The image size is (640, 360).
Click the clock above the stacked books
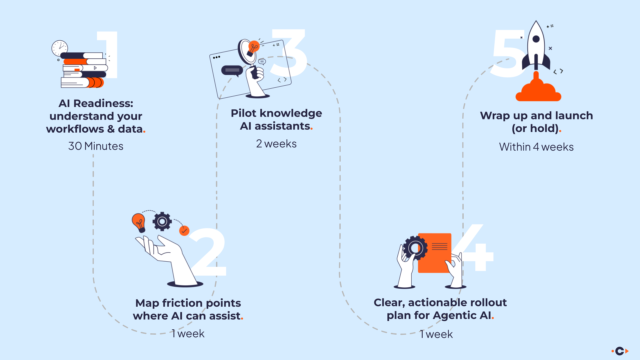(60, 48)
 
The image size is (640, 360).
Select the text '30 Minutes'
(96, 146)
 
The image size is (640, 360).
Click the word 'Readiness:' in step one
(103, 103)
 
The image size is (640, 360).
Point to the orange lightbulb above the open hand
(139, 222)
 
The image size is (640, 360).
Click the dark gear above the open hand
(162, 221)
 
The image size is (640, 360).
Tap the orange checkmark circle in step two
(184, 231)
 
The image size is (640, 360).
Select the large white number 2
(208, 253)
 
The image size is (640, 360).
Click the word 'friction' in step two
(182, 303)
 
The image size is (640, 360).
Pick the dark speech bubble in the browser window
(232, 70)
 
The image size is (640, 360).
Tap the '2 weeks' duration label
(276, 144)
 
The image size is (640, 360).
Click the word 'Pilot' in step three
(244, 113)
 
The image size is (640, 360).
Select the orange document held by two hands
(434, 253)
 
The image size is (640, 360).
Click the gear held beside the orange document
(415, 248)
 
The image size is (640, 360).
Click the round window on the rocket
(536, 39)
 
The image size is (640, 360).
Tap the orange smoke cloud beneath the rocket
(538, 92)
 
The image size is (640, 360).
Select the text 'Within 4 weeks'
(536, 147)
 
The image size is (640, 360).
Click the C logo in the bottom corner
(620, 351)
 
